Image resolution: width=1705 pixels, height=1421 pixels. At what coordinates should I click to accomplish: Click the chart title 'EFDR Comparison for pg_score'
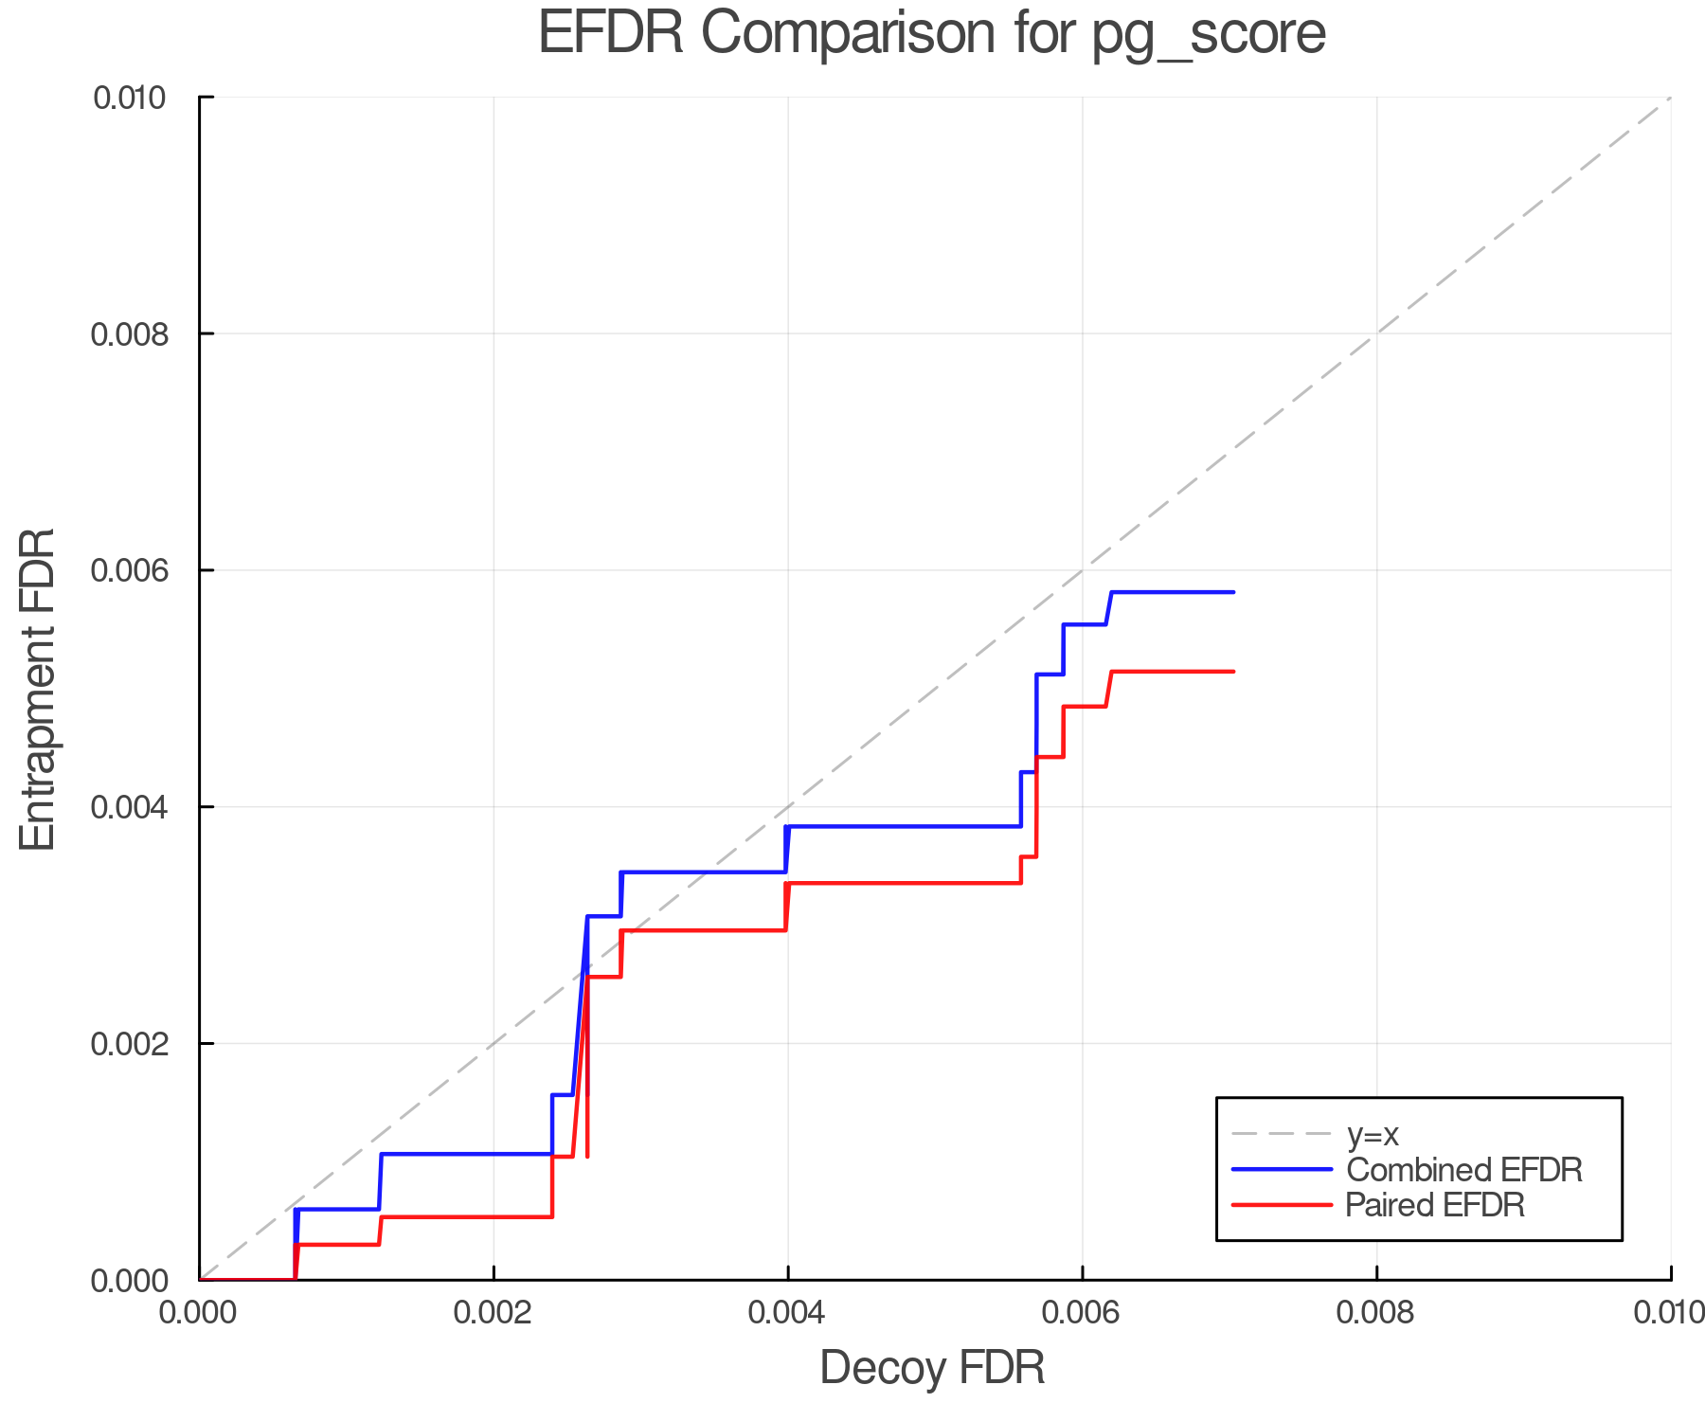tap(932, 34)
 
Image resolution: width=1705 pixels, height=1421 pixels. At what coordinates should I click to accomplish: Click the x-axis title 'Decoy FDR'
tap(932, 1368)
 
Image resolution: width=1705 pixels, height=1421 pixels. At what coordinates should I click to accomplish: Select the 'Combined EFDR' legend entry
tap(1463, 1170)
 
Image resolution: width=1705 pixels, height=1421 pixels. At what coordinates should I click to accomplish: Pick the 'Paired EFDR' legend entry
tap(1435, 1205)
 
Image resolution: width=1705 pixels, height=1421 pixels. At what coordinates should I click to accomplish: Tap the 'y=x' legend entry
tap(1373, 1134)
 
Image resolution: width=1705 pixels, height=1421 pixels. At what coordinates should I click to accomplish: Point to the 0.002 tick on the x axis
tap(494, 1313)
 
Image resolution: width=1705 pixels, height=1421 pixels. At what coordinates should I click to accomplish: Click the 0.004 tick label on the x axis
tap(787, 1313)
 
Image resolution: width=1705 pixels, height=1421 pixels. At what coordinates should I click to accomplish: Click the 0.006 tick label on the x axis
tap(1082, 1313)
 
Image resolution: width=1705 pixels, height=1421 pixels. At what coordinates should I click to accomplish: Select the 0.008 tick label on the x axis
tap(1376, 1313)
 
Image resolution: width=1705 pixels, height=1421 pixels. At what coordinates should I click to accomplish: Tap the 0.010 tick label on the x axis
tap(1669, 1313)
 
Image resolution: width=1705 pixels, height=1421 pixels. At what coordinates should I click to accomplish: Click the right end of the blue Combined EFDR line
tap(1233, 592)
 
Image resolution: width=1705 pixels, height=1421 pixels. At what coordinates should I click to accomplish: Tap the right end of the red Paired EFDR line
tap(1233, 672)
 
